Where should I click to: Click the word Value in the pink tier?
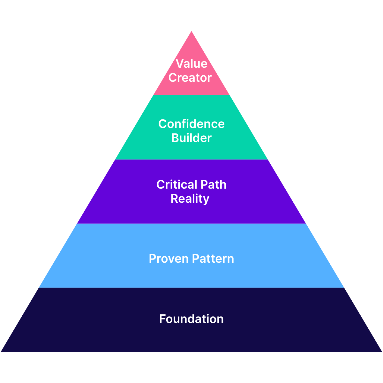(x=191, y=64)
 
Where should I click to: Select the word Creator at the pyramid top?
(x=190, y=78)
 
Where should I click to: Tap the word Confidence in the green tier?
(x=191, y=124)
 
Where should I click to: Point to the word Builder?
(x=191, y=138)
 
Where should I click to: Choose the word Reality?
(x=190, y=199)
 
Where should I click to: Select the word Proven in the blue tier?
(x=168, y=259)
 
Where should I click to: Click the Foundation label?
(x=191, y=319)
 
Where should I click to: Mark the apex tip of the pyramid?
(x=191, y=32)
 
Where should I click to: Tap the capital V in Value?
(x=180, y=64)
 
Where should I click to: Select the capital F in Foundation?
(x=162, y=319)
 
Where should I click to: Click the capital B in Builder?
(x=175, y=138)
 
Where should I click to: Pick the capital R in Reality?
(x=174, y=199)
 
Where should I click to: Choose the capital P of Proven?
(x=152, y=259)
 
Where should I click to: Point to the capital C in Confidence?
(x=162, y=124)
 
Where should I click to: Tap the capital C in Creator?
(x=172, y=78)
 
